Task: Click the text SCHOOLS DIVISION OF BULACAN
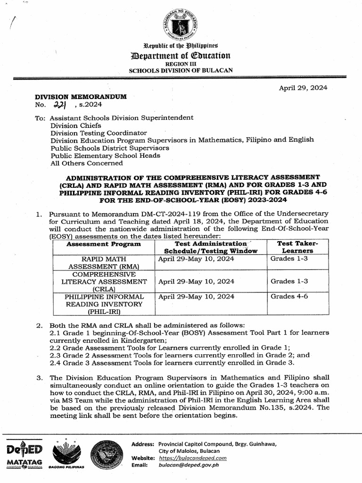[x=181, y=70]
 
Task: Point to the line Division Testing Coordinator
[x=99, y=133]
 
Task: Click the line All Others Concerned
[x=86, y=163]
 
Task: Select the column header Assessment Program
[x=104, y=244]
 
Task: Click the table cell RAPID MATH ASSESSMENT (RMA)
[x=104, y=263]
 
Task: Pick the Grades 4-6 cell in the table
[x=289, y=297]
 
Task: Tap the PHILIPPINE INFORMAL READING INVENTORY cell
[x=104, y=304]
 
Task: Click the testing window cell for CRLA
[x=196, y=282]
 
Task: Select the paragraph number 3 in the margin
[x=39, y=377]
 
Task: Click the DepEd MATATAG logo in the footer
[x=25, y=455]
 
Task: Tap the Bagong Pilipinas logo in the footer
[x=66, y=456]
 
